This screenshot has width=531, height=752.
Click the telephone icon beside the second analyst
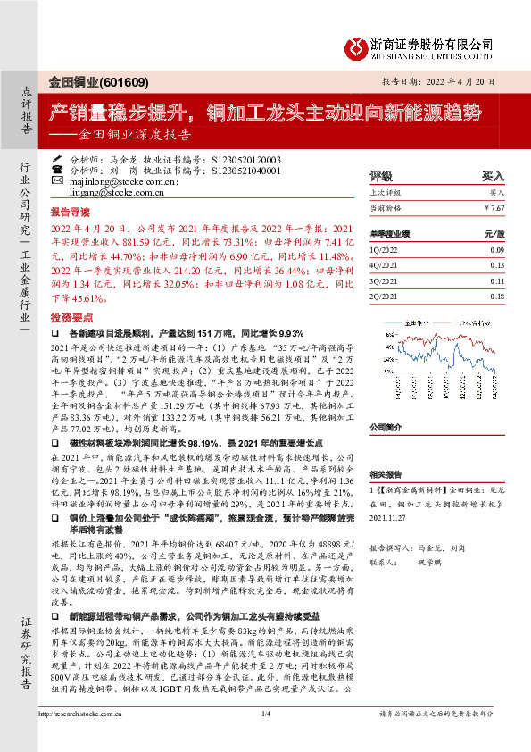tap(58, 169)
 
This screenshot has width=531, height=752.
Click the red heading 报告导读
tap(70, 214)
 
